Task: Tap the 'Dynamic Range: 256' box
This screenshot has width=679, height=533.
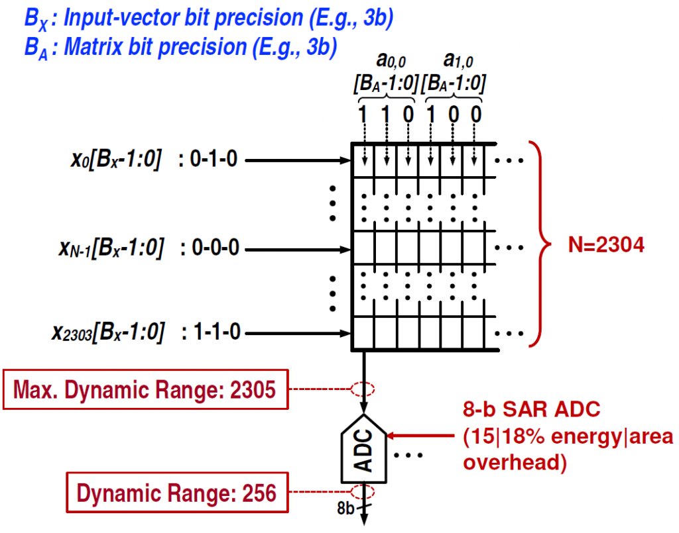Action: [177, 493]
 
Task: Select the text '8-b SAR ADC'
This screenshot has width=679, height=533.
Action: [532, 410]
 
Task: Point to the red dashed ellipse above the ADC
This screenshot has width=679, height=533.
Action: [363, 389]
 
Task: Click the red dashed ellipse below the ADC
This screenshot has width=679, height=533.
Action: [363, 492]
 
